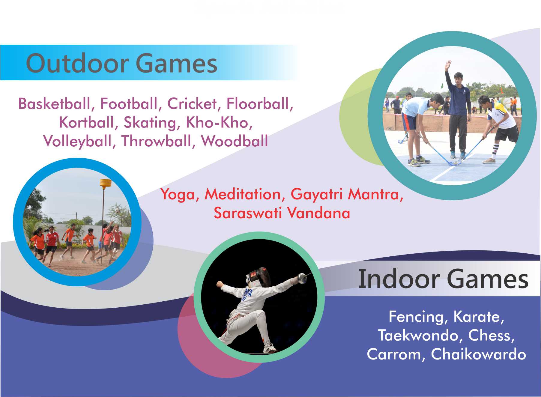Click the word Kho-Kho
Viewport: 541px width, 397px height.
coord(219,122)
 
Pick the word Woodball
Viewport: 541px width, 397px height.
coord(235,141)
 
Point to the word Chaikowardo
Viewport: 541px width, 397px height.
coord(478,354)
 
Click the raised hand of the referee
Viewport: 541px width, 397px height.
coord(448,65)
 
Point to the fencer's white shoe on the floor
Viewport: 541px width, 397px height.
coord(270,349)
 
